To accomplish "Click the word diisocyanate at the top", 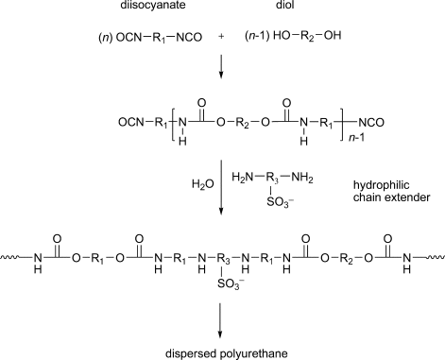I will click(x=144, y=10).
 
